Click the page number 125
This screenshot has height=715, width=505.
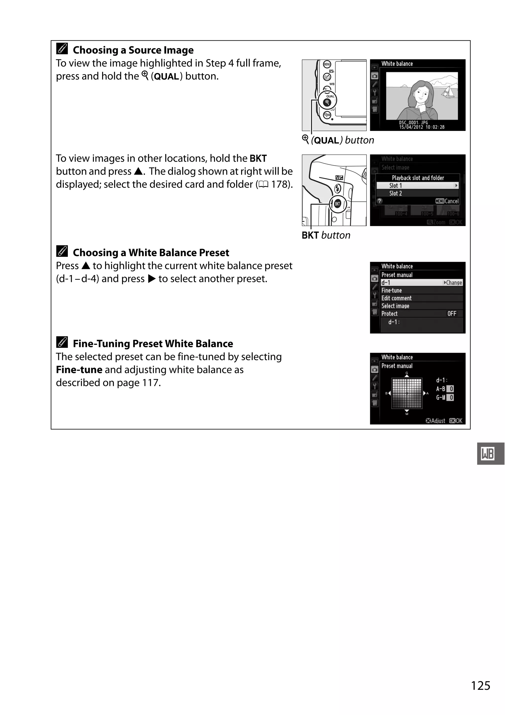click(480, 685)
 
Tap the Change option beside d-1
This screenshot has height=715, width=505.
click(453, 283)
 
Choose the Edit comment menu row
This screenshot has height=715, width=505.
click(396, 298)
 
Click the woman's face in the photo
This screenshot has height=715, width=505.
click(422, 94)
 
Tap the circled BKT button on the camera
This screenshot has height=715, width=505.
click(337, 204)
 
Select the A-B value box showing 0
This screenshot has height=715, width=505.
click(451, 389)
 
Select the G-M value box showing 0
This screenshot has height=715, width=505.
click(451, 398)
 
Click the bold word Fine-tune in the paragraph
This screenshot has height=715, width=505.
click(79, 370)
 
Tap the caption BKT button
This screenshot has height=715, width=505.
click(326, 235)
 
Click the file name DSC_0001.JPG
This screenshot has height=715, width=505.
click(414, 123)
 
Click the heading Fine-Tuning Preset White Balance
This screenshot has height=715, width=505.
click(153, 344)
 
